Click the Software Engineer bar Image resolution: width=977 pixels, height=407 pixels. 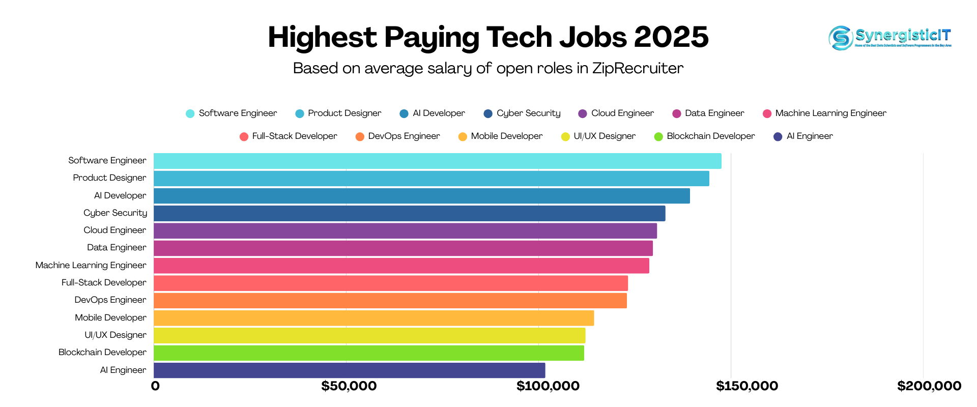(x=437, y=161)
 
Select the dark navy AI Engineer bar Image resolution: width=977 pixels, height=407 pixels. (x=349, y=370)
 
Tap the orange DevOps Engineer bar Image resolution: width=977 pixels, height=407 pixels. (x=390, y=301)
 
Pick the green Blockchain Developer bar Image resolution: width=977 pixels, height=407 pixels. (x=368, y=353)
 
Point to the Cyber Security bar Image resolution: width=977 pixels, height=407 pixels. (x=409, y=213)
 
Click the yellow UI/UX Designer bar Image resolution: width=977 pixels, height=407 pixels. (x=369, y=335)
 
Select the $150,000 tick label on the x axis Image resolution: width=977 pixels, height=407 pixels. (x=746, y=386)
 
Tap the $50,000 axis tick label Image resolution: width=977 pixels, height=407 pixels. (x=349, y=386)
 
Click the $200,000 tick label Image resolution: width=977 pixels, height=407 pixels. (x=929, y=386)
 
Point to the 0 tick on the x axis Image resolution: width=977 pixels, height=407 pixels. (x=155, y=386)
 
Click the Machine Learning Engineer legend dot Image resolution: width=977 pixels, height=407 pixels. (x=767, y=113)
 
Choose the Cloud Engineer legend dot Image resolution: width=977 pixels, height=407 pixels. (x=583, y=113)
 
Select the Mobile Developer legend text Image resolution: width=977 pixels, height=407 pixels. (x=506, y=136)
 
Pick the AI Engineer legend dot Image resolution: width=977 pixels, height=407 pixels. (x=778, y=136)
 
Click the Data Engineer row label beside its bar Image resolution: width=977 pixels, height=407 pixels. (x=117, y=248)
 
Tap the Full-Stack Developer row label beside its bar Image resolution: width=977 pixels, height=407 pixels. (x=104, y=282)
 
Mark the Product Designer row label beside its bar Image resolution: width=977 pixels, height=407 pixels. (x=109, y=178)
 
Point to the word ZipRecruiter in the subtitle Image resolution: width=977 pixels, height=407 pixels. (x=638, y=68)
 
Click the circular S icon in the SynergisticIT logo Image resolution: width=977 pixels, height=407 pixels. (x=841, y=38)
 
